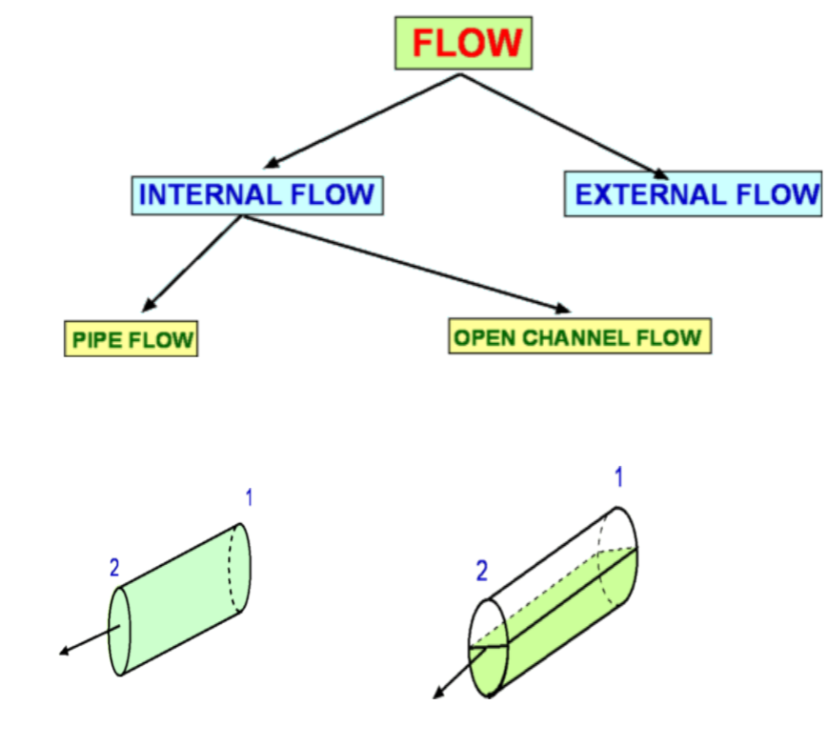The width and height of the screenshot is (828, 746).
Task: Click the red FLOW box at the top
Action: click(464, 44)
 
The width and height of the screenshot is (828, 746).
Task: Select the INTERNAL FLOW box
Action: click(256, 195)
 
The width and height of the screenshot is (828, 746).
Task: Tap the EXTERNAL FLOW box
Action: click(693, 194)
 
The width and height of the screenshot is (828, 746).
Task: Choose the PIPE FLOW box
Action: click(131, 338)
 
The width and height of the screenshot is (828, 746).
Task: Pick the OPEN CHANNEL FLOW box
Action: click(579, 336)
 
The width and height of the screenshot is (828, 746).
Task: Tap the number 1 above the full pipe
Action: click(249, 497)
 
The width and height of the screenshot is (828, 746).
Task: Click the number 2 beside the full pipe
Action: click(114, 569)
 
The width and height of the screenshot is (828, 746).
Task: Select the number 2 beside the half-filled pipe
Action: click(481, 572)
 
